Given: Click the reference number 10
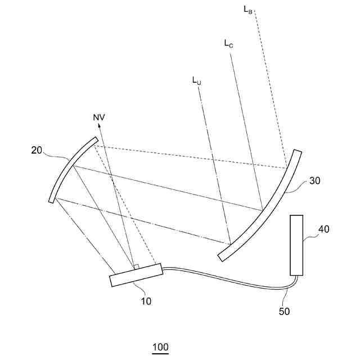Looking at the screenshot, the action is click(x=146, y=301).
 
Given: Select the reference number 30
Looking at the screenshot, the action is click(x=315, y=181).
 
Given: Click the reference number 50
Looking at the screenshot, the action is click(x=284, y=310).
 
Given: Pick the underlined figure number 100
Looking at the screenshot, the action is click(x=160, y=347).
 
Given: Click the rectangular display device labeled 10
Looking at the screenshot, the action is click(x=136, y=275).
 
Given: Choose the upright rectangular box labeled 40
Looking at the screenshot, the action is click(x=298, y=245).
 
